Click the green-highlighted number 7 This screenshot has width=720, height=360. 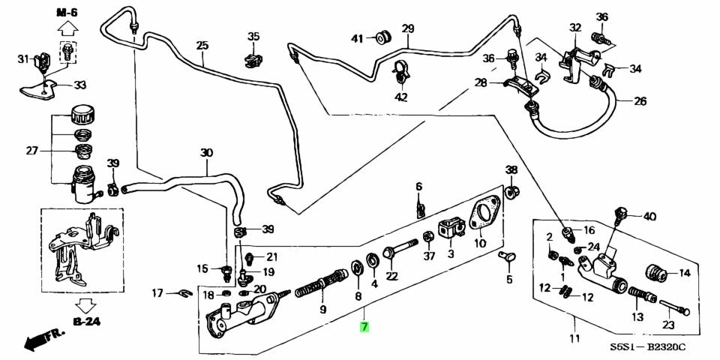click(x=364, y=327)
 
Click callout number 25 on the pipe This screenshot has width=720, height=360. click(x=202, y=46)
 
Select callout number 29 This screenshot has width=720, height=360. click(x=407, y=29)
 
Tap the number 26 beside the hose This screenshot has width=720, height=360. click(x=640, y=101)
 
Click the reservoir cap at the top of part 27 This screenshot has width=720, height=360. click(x=79, y=116)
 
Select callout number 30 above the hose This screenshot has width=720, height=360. click(x=206, y=153)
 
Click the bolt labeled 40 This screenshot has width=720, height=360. click(x=620, y=214)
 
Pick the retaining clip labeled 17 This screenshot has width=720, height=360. click(x=179, y=292)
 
